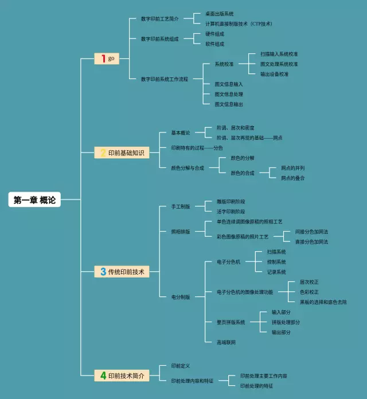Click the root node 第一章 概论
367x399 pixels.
tap(35, 199)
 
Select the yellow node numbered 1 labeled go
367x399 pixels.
tap(107, 58)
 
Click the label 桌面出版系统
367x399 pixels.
tap(220, 14)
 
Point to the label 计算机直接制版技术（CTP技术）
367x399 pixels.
tap(239, 24)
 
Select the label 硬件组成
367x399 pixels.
tap(214, 34)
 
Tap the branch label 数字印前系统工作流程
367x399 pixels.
tap(165, 79)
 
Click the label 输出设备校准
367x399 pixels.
tap(274, 74)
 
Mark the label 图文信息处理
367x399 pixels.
tap(229, 94)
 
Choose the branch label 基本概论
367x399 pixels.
tap(181, 132)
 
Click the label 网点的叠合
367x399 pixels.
tap(292, 178)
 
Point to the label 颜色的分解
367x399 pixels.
tap(243, 158)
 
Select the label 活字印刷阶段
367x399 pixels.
tap(231, 212)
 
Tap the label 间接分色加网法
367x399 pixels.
tap(311, 232)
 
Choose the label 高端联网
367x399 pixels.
tap(226, 342)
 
